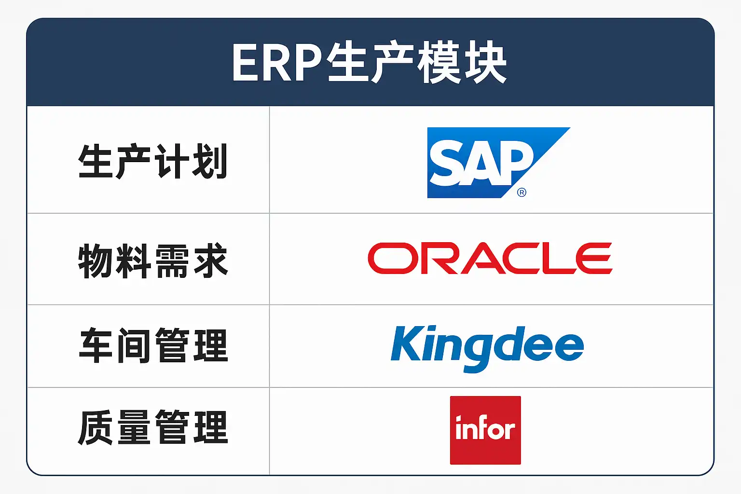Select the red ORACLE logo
click(x=490, y=259)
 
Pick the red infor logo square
click(x=485, y=430)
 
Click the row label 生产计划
click(x=152, y=162)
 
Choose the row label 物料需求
click(x=152, y=261)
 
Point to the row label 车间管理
click(x=152, y=345)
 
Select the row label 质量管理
click(x=152, y=427)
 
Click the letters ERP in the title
click(x=277, y=63)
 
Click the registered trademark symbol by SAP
click(x=521, y=192)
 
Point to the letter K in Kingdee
click(x=406, y=343)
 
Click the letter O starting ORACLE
click(x=393, y=259)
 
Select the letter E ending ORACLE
click(x=594, y=259)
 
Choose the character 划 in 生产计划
click(x=210, y=162)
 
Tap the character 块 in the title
click(x=486, y=63)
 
